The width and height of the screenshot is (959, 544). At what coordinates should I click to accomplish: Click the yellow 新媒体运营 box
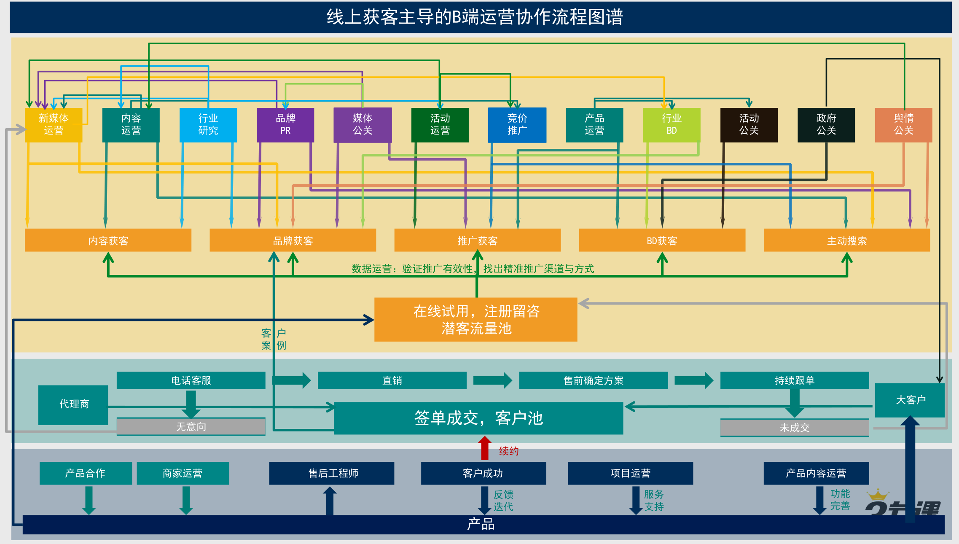pyautogui.click(x=54, y=125)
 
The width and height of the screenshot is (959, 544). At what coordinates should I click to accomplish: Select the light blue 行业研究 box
pyautogui.click(x=208, y=125)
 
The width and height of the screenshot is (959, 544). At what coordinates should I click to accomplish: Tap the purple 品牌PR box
pyautogui.click(x=285, y=125)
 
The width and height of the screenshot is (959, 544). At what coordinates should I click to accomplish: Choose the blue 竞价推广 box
pyautogui.click(x=517, y=125)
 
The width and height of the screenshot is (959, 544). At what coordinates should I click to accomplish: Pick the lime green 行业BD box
pyautogui.click(x=672, y=125)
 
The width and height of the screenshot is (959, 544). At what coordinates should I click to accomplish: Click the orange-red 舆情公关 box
pyautogui.click(x=903, y=125)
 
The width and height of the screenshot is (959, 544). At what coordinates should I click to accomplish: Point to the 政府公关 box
pyautogui.click(x=826, y=125)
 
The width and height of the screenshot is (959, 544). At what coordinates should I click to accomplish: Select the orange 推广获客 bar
pyautogui.click(x=477, y=240)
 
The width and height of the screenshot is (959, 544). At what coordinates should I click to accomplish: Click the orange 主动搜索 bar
pyautogui.click(x=846, y=240)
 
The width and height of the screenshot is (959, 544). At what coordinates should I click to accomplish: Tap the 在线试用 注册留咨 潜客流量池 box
pyautogui.click(x=475, y=319)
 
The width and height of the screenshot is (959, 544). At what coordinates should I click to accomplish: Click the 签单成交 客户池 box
pyautogui.click(x=478, y=418)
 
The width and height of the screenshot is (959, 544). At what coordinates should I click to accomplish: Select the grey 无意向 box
pyautogui.click(x=191, y=427)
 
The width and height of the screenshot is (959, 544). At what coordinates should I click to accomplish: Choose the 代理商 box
pyautogui.click(x=73, y=404)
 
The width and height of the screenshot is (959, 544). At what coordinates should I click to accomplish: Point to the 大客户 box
pyautogui.click(x=910, y=400)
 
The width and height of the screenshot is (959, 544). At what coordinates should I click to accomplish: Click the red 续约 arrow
pyautogui.click(x=484, y=448)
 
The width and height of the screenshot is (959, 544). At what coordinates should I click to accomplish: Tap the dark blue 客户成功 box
pyautogui.click(x=483, y=473)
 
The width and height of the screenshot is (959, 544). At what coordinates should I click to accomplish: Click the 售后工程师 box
pyautogui.click(x=332, y=473)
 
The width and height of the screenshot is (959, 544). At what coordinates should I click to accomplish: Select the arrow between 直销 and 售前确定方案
pyautogui.click(x=492, y=380)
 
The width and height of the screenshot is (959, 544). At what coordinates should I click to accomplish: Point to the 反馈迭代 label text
pyautogui.click(x=503, y=501)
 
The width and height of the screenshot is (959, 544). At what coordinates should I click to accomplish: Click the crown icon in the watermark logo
pyautogui.click(x=878, y=495)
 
